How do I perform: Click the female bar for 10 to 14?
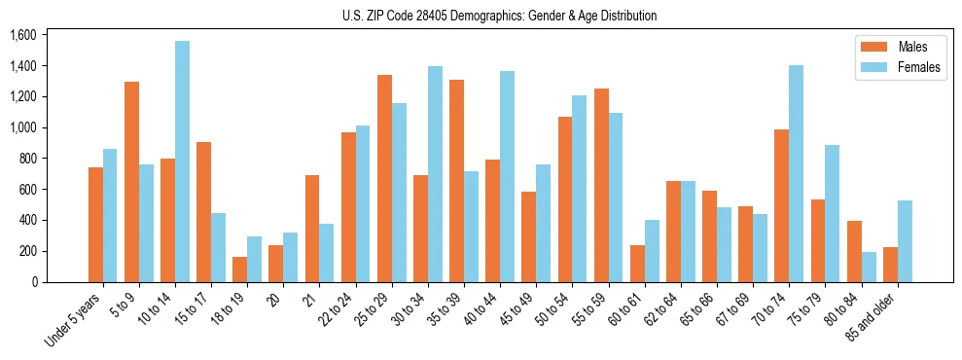tap(182, 162)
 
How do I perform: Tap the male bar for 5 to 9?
tap(131, 182)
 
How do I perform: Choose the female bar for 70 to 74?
tap(796, 173)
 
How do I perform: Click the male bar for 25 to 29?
tap(384, 178)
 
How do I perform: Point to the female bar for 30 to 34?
tap(435, 174)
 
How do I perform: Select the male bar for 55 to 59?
tap(601, 185)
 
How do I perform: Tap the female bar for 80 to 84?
tap(868, 267)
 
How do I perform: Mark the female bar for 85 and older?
tap(905, 241)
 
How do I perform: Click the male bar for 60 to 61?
tap(637, 264)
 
